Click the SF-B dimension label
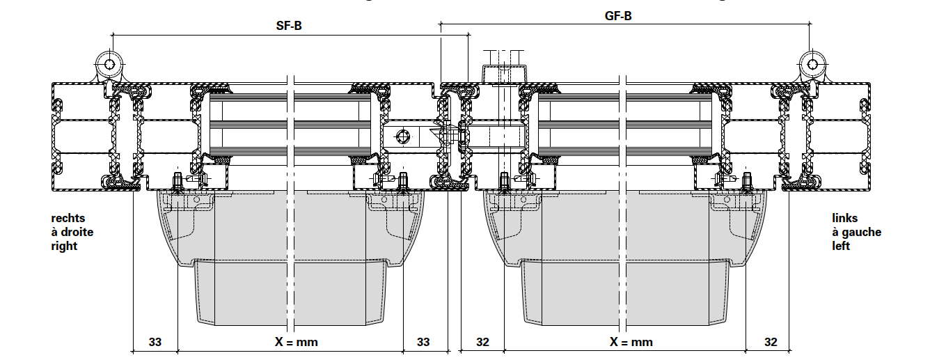[x=289, y=26]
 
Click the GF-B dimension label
[x=618, y=15]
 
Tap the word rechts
[x=68, y=219]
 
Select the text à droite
[x=72, y=232]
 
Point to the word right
[x=65, y=246]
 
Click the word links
[x=845, y=219]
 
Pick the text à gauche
[x=857, y=232]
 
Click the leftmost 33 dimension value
[x=155, y=342]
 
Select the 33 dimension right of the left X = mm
[x=423, y=342]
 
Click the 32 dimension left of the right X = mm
[x=483, y=342]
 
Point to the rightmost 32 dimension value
[x=771, y=342]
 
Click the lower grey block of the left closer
[x=290, y=292]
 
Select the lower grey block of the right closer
[x=626, y=292]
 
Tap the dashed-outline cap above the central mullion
[x=503, y=72]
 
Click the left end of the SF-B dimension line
[x=112, y=34]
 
